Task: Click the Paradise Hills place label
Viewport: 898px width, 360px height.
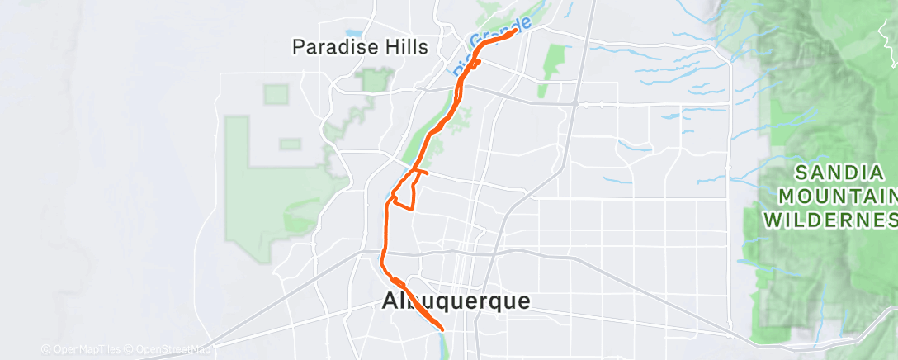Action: [361, 47]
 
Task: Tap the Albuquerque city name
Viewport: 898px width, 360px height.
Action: [456, 301]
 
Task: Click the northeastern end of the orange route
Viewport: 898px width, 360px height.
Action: [516, 31]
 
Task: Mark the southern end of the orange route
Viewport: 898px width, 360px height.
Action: [442, 329]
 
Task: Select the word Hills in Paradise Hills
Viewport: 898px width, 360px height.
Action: [400, 47]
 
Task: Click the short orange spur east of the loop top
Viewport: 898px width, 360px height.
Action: [422, 173]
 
